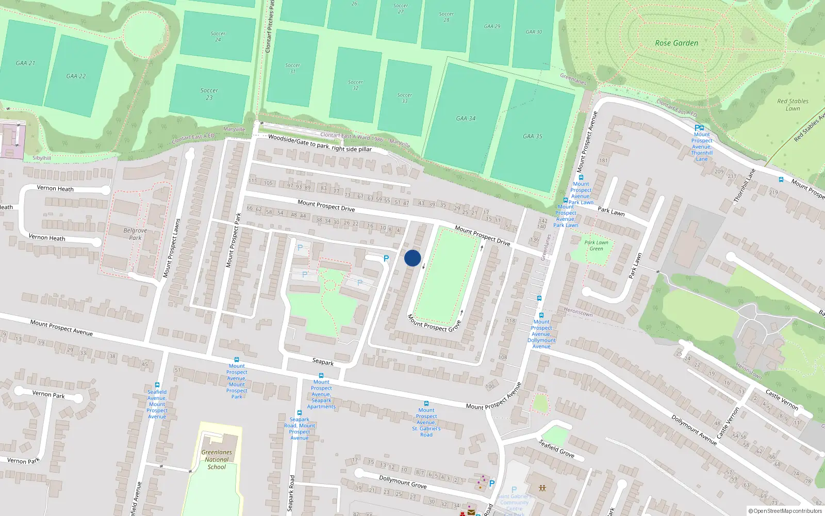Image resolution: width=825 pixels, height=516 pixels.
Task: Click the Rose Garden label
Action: tap(676, 43)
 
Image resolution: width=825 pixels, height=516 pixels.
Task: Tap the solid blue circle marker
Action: tap(412, 258)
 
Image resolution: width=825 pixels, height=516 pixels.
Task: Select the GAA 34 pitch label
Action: tap(466, 119)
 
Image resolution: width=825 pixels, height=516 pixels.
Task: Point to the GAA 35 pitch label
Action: tap(532, 136)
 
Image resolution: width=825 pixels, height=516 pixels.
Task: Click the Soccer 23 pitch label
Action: tap(209, 94)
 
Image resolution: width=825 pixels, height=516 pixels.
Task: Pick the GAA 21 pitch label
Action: tap(25, 63)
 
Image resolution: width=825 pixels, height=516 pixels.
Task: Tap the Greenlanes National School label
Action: tap(217, 459)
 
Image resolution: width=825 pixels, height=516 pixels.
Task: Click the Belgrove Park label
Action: tap(135, 234)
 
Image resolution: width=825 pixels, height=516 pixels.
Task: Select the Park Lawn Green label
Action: tap(596, 246)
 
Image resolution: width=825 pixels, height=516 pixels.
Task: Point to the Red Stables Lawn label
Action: tap(793, 105)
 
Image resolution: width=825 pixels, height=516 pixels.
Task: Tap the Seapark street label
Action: tap(323, 362)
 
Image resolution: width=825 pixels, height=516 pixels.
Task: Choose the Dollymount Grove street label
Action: tap(403, 482)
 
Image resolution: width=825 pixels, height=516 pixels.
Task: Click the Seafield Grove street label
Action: tap(556, 448)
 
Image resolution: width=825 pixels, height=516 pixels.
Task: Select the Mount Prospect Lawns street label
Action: tap(172, 248)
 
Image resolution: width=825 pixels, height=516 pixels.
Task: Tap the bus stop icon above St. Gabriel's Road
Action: tap(426, 404)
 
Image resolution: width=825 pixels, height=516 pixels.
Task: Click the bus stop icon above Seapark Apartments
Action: tap(321, 376)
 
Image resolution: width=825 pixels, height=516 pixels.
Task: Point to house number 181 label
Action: tap(603, 160)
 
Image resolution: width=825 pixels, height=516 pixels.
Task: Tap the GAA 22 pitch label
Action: tap(76, 76)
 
